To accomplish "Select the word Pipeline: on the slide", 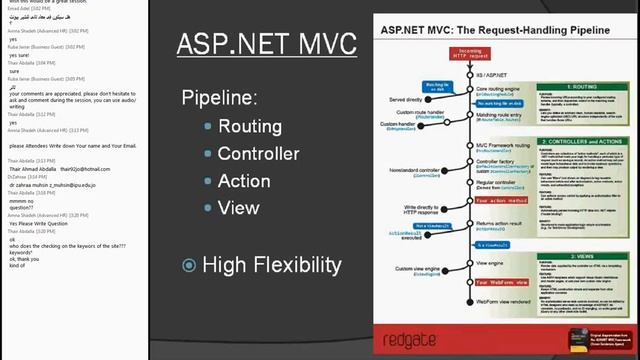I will point(219,99).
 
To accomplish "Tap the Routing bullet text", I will point(250,126).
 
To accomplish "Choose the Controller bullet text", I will point(258,153).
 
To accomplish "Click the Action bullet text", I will point(244,181).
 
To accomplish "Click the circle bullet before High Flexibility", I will point(189,265).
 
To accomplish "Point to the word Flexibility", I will point(298,265).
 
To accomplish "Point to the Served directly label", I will point(401,99).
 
